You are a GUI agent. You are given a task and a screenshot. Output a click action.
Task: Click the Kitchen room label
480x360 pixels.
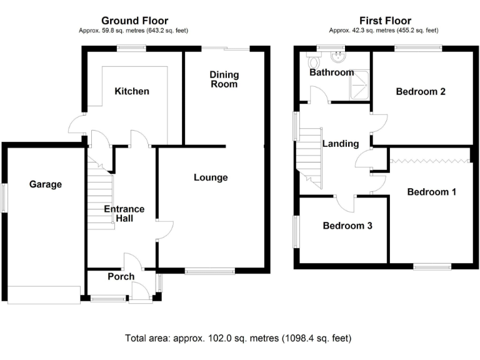click(x=132, y=91)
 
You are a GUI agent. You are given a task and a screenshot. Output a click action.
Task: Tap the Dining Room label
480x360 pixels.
click(x=224, y=79)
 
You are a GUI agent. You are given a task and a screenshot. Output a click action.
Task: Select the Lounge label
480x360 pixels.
click(x=211, y=177)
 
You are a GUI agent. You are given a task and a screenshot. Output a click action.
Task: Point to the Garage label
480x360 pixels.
click(x=46, y=184)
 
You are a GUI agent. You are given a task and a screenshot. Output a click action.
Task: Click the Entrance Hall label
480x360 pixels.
click(x=124, y=214)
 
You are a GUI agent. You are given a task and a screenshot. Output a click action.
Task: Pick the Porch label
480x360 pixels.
click(x=121, y=277)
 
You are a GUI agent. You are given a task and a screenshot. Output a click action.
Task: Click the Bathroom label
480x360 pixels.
click(x=332, y=72)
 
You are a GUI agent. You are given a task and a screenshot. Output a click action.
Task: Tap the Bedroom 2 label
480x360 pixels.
click(x=421, y=91)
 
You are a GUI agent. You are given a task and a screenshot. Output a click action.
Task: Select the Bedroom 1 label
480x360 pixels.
click(x=431, y=192)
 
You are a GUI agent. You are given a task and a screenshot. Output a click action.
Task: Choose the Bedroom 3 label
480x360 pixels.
click(x=347, y=226)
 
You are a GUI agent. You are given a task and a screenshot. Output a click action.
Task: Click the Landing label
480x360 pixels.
click(x=341, y=144)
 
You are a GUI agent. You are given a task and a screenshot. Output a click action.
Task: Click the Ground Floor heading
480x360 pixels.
click(x=134, y=21)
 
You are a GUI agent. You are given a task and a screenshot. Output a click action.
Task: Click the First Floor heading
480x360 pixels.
click(x=383, y=21)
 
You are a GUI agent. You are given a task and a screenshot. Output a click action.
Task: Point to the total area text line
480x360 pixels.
click(x=238, y=338)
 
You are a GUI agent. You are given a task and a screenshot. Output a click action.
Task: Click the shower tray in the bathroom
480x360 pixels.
click(x=358, y=87)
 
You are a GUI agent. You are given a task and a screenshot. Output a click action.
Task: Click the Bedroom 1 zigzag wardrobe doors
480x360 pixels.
click(x=429, y=161)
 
